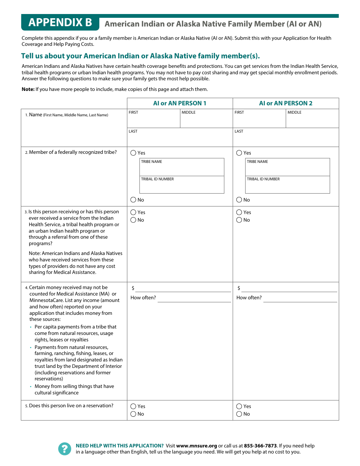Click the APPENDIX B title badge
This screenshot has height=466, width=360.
60,23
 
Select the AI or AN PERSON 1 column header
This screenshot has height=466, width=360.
180,103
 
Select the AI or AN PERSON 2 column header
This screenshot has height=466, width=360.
286,103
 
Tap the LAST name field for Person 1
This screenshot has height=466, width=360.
180,139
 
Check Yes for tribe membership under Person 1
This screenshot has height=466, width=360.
133,153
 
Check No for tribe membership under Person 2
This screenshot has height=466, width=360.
239,200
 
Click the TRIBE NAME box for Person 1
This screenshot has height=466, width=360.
182,169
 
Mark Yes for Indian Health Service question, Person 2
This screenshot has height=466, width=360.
239,213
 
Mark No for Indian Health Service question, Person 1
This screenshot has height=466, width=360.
133,220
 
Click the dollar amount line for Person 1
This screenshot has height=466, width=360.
183,289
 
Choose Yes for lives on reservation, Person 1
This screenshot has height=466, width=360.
133,407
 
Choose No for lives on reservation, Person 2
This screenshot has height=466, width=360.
239,414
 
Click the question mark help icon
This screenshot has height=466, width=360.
65,449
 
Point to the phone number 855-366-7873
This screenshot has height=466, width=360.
260,446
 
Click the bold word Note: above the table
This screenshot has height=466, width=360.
28,89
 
